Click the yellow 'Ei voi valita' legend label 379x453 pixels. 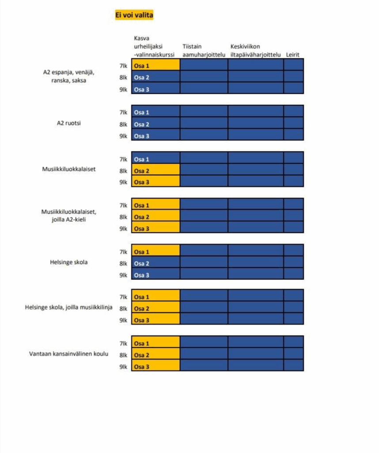134,15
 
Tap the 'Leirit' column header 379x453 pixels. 292,54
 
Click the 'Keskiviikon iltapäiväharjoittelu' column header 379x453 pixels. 255,50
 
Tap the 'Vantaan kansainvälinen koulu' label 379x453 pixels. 68,354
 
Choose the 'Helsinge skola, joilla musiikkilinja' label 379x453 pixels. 68,307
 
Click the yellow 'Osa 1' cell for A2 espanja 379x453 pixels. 155,66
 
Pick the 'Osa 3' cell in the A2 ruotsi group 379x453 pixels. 155,136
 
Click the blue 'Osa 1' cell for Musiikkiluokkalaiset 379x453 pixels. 155,159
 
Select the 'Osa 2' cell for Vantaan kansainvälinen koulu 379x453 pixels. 155,355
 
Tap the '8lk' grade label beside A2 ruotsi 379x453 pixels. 123,124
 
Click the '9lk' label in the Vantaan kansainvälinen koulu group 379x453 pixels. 123,366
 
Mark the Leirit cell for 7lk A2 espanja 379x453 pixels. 293,65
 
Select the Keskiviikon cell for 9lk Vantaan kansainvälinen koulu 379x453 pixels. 255,365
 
